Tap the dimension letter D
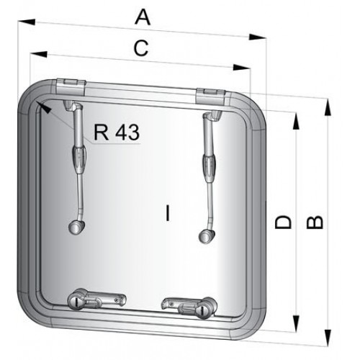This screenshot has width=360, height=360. (x=284, y=222)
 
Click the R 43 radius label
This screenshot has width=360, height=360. (x=116, y=132)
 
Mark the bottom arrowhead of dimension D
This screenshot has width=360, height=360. (x=295, y=326)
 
